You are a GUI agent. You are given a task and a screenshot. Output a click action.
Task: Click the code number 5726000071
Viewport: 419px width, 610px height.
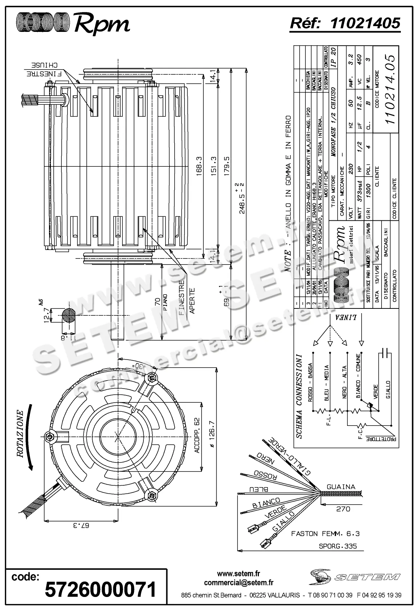pyautogui.click(x=100, y=590)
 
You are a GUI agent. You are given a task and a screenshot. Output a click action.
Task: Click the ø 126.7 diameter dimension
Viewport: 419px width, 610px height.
pyautogui.click(x=213, y=436)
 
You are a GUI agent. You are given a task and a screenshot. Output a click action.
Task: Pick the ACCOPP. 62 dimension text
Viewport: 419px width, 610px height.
pyautogui.click(x=197, y=436)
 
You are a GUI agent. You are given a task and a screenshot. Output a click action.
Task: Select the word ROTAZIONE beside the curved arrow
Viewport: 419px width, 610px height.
pyautogui.click(x=19, y=433)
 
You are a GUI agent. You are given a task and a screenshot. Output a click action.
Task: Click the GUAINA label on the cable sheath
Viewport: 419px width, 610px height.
pyautogui.click(x=341, y=487)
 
